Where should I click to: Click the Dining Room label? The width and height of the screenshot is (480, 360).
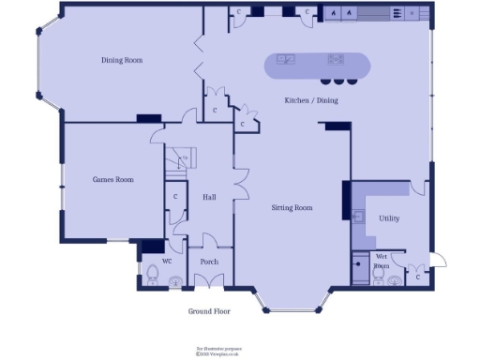click(x=122, y=60)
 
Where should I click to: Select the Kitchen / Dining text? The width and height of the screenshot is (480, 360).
click(x=311, y=100)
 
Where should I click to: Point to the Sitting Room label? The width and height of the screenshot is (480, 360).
click(x=292, y=207)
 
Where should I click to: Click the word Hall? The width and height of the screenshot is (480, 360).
click(x=209, y=197)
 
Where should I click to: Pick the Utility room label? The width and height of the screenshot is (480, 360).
click(x=389, y=217)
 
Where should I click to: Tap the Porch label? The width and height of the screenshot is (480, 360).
click(x=209, y=262)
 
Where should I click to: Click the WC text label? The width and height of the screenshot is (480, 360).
click(x=167, y=261)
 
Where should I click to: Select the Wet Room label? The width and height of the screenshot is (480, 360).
click(x=382, y=261)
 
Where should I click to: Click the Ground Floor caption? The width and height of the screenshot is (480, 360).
click(x=208, y=311)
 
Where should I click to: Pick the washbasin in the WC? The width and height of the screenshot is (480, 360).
click(x=174, y=280)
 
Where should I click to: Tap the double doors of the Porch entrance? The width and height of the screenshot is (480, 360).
click(x=209, y=279)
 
